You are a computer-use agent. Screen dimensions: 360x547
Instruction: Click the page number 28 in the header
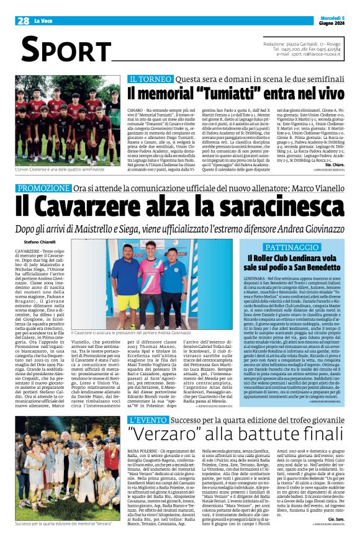coord(24,21)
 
